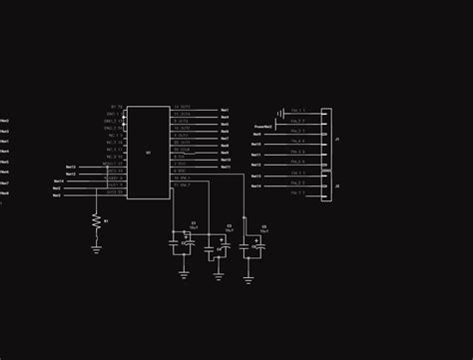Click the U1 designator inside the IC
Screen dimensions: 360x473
148,153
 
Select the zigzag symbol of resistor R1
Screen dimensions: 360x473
96,221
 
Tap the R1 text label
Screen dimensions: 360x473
106,221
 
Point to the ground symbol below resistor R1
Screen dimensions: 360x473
96,249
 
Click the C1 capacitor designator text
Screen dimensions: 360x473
193,223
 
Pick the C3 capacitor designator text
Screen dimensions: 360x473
229,225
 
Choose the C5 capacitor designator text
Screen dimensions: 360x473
263,226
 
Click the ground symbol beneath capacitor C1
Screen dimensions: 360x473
184,274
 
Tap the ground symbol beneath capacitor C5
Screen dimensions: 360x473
248,278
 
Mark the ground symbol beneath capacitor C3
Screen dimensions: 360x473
219,276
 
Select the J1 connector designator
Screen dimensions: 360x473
336,140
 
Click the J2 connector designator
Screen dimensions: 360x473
336,186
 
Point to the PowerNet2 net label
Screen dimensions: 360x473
263,127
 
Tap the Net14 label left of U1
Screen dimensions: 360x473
59,181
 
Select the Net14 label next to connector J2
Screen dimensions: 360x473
256,185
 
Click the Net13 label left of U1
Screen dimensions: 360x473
71,168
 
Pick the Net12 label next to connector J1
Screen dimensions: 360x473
256,145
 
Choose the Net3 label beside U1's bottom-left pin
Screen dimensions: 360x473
57,195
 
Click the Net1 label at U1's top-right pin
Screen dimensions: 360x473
225,111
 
